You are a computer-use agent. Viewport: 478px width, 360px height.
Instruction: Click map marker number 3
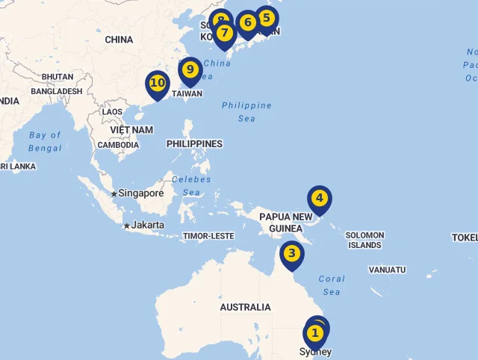(291, 254)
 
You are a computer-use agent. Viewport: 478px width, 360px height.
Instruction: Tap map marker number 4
(319, 199)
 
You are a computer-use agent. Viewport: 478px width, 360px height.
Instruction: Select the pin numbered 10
(157, 84)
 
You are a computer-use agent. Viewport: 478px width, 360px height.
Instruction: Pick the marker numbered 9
(190, 70)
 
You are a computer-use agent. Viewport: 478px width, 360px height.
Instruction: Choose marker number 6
(248, 23)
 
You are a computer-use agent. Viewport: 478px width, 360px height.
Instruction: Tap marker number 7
(224, 34)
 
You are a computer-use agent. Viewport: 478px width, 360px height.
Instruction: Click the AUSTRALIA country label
(245, 307)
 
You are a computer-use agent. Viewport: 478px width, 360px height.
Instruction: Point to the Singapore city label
(140, 193)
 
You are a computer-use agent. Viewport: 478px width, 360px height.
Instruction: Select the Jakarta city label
(148, 225)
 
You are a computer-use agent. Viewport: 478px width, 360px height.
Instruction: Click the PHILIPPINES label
(194, 143)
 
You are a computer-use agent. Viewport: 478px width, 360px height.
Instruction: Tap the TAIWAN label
(187, 94)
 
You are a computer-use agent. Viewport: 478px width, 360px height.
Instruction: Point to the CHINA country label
(119, 40)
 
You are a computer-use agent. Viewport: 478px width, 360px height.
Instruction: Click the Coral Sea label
(332, 285)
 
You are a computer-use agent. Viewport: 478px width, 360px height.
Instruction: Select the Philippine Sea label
(246, 112)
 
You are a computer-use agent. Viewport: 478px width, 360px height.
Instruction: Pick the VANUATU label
(387, 270)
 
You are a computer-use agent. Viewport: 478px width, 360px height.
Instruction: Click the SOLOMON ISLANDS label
(364, 240)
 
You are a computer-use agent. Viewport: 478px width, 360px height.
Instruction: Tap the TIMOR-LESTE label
(208, 236)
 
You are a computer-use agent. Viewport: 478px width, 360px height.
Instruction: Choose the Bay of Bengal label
(45, 141)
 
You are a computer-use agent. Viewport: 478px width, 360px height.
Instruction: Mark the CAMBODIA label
(117, 145)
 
